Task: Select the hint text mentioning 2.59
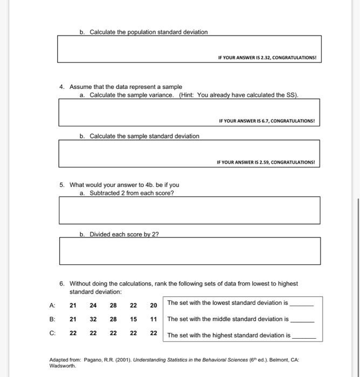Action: point(266,162)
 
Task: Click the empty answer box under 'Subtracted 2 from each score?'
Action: point(189,210)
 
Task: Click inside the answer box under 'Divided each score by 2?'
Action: point(189,250)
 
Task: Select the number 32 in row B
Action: point(93,319)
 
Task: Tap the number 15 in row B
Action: point(133,319)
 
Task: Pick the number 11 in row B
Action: point(153,319)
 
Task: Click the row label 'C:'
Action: point(52,333)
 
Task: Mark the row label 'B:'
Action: point(52,319)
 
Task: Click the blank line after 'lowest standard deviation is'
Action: point(301,304)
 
